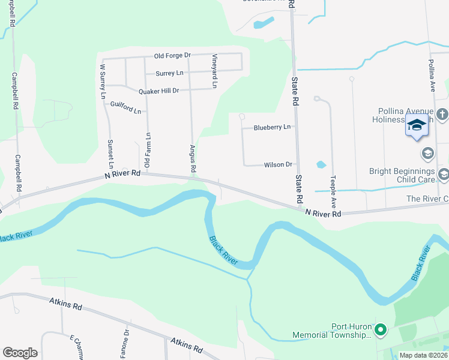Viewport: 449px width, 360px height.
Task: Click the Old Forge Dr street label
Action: pos(172,56)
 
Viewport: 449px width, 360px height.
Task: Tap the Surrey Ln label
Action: pos(169,73)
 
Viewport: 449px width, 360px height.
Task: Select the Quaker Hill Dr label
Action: pos(158,91)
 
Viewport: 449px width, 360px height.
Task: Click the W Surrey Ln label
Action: pos(103,81)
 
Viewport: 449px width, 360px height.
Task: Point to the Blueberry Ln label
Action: pos(272,127)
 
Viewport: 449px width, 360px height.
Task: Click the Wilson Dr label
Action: pos(277,164)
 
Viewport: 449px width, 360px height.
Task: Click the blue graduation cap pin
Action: pos(417,125)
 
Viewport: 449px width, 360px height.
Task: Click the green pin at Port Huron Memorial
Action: pos(379,329)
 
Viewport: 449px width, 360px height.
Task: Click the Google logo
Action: pos(20,353)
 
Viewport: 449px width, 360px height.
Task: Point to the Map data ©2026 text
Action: pos(423,355)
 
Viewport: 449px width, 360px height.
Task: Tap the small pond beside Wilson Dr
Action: pos(321,164)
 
